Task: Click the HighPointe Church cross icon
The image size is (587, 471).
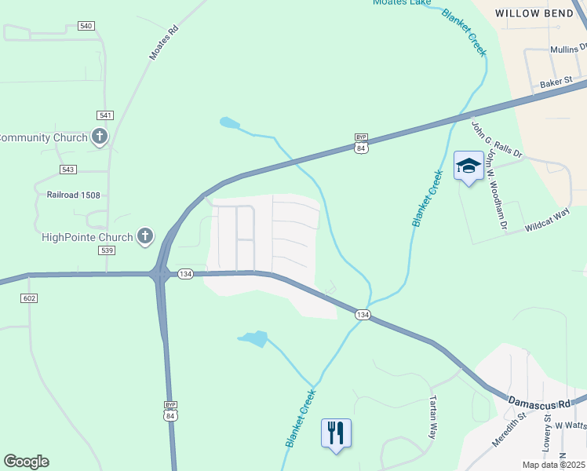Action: point(145,235)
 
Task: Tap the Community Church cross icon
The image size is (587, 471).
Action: point(100,137)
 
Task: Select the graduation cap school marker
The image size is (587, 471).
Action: point(469,166)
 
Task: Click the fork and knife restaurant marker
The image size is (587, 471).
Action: point(336,432)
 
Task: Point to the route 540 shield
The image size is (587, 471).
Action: point(86,26)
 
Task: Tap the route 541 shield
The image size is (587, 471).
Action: point(105,115)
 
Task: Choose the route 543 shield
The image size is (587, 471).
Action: point(67,170)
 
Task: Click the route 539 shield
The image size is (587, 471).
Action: point(108,250)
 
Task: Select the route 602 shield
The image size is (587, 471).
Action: point(30,298)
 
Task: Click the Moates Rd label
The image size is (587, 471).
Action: point(164,43)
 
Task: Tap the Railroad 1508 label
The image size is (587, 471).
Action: point(74,195)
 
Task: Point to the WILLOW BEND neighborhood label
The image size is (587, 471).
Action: point(540,13)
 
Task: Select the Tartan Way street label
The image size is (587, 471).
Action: point(432,417)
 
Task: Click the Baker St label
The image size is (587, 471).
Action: point(556,82)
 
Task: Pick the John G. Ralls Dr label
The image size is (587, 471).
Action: point(496,138)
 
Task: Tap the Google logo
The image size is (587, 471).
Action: point(26,462)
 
